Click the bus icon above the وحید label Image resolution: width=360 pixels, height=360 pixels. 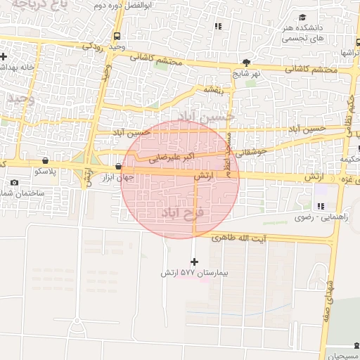117,36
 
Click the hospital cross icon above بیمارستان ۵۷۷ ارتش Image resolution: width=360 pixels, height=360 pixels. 195,262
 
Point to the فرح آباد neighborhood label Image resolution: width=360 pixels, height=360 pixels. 182,212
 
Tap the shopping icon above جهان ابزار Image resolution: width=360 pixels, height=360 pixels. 117,167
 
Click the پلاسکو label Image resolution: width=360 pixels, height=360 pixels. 46,171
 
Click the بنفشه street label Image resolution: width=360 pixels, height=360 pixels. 214,90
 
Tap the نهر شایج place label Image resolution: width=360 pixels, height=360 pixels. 247,72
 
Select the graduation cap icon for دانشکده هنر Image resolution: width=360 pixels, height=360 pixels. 302,17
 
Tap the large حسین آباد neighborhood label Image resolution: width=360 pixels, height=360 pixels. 205,118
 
